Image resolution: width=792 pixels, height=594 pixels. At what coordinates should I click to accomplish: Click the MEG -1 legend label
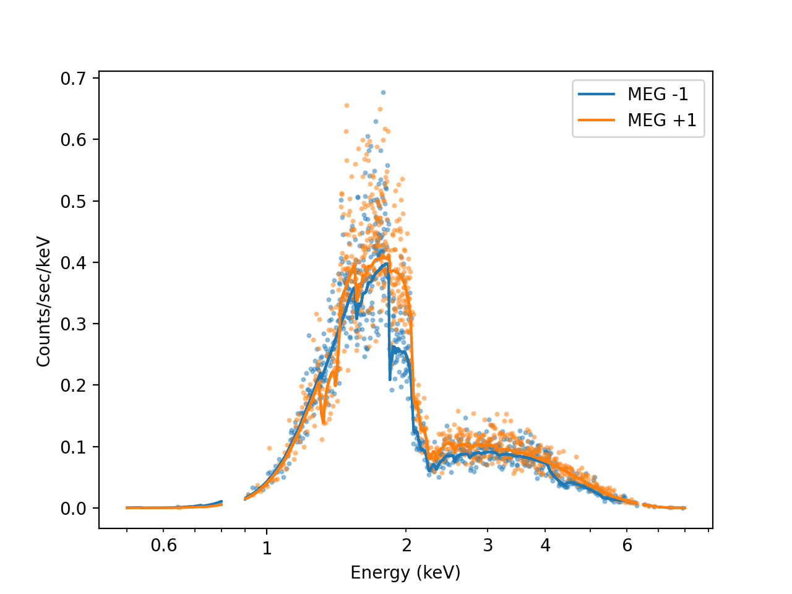658,94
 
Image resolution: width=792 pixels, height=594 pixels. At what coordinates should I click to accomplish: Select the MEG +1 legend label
661,120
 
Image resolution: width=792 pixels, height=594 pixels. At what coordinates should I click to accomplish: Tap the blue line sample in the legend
596,94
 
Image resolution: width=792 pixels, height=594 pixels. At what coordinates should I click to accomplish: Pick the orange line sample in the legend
596,120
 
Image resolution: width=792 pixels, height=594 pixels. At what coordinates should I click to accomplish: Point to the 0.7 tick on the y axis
73,79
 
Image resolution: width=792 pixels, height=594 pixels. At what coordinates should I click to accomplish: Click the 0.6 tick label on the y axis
73,140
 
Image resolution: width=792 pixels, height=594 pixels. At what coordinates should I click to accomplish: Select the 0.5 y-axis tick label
73,202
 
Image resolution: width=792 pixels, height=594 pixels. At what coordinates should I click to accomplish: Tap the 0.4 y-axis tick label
73,263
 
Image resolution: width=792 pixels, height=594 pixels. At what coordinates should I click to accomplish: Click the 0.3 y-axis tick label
73,324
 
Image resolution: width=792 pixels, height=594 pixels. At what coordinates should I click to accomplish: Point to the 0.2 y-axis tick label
73,385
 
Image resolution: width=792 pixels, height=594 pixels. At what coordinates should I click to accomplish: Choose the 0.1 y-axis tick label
73,447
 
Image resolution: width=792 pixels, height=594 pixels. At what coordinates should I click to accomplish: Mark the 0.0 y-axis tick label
73,509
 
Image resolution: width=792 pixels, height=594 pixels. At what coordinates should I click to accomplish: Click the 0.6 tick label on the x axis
164,545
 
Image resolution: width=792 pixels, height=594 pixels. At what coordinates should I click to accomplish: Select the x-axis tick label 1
267,549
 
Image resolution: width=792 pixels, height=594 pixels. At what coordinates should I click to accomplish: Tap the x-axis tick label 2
406,545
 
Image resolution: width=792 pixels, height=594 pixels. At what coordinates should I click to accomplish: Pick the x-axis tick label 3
488,545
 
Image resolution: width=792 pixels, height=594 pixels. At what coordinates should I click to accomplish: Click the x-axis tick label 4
545,545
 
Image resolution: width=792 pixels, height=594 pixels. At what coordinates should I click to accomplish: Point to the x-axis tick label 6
627,545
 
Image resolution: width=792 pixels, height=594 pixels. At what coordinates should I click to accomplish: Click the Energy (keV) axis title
405,573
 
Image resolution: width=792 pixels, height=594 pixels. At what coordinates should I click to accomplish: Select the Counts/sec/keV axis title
43,302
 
